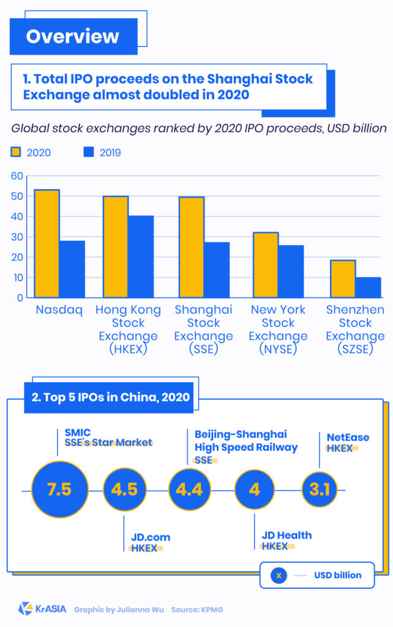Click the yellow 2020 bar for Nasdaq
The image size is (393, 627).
pos(47,244)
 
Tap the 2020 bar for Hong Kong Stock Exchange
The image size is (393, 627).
pos(116,247)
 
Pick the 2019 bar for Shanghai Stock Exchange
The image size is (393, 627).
pos(217,270)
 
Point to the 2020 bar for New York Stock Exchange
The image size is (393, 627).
pos(266,265)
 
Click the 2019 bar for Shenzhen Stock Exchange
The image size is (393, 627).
pos(368,287)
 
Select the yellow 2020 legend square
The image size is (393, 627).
pos(16,152)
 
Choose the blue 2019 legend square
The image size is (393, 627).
pos(89,152)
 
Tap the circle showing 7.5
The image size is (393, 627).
pos(59,490)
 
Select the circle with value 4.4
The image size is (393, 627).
pos(190,490)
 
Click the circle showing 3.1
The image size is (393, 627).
pos(320,490)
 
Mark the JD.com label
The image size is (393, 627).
pos(151,538)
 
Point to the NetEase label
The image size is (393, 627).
pos(348,437)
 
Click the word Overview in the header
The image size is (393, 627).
pos(72,36)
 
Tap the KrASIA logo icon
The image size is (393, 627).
pos(25,609)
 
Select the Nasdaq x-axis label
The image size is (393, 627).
pos(59,310)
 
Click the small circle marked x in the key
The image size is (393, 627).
pos(279,575)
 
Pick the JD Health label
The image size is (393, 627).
pos(286,535)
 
